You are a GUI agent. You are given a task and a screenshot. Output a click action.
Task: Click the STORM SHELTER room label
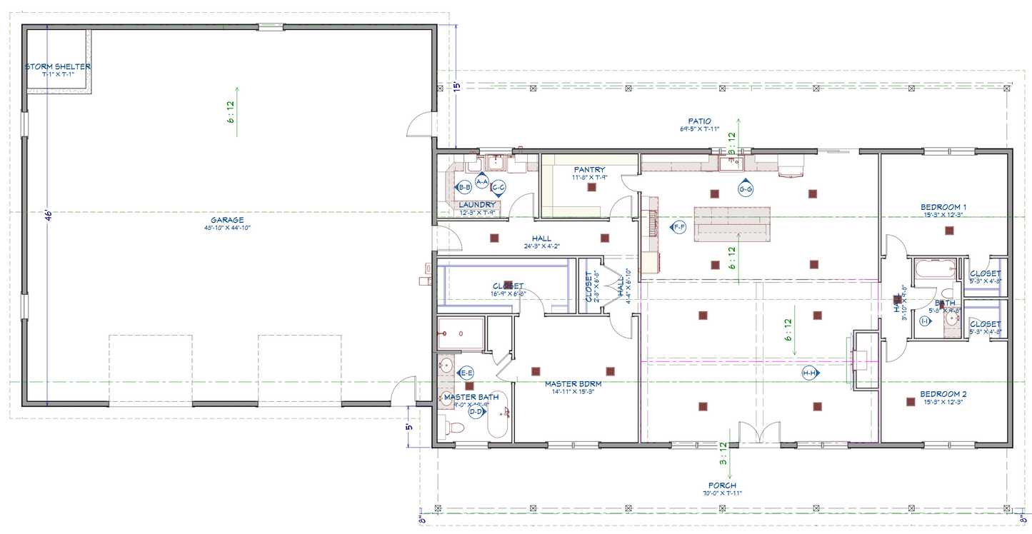coord(58,66)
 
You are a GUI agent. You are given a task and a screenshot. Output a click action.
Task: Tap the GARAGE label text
coord(227,220)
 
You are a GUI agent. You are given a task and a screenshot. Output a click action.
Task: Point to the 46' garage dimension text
coord(48,216)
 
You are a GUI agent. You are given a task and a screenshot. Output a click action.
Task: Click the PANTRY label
coord(588,169)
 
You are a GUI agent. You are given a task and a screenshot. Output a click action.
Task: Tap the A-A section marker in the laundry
coord(481,182)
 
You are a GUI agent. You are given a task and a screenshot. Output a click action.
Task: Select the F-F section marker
coord(678,227)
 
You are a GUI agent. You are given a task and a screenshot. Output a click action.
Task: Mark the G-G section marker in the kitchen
coord(746,188)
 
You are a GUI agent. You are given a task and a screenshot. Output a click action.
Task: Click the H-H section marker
coord(809,373)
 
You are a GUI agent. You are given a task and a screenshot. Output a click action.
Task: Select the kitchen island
coord(733,223)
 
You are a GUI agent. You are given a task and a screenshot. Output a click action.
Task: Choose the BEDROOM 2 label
coord(943,394)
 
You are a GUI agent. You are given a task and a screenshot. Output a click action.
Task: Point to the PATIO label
coord(699,121)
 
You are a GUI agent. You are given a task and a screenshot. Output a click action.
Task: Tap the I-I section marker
coord(925,321)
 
